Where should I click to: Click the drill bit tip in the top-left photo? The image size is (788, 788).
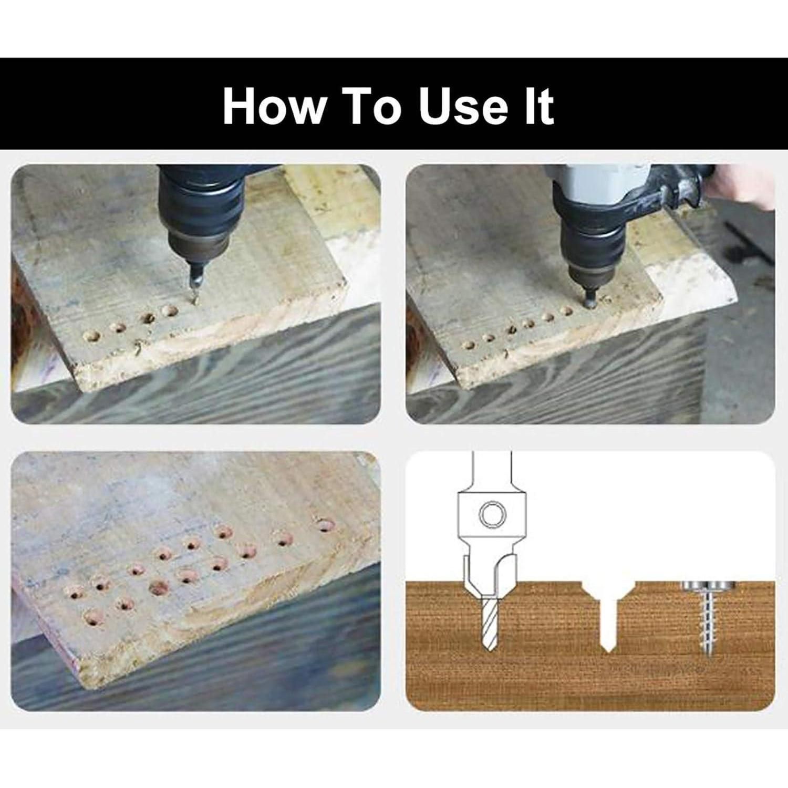(193, 300)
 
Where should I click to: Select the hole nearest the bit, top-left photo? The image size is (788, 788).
(169, 311)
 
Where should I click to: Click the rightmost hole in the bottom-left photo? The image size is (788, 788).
(325, 525)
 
